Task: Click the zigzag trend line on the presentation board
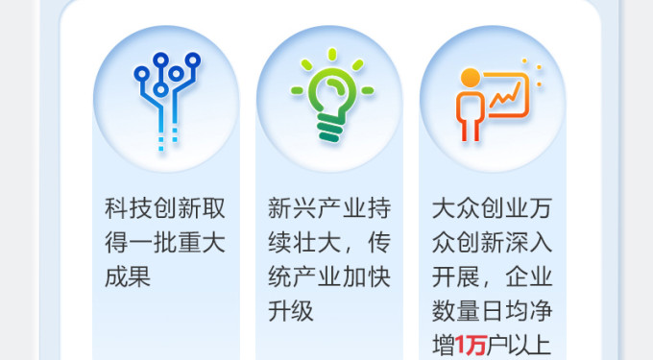(505, 94)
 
